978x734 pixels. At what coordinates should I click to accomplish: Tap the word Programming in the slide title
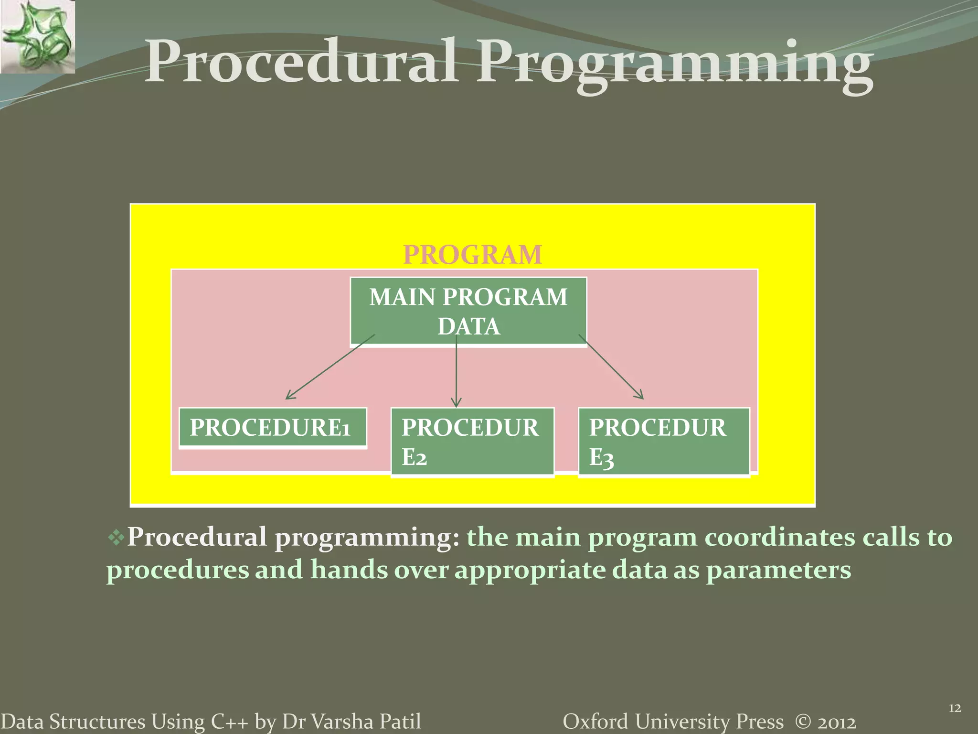tap(675, 65)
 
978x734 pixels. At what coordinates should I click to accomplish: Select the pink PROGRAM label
tap(472, 255)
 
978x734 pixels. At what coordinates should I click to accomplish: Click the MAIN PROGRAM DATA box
tap(468, 311)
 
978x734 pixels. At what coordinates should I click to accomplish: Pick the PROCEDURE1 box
tap(273, 428)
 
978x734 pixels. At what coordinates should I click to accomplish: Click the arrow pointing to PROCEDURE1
tap(330, 367)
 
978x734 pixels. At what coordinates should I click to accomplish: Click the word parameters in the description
tap(778, 571)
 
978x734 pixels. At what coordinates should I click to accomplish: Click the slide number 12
tap(954, 708)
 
